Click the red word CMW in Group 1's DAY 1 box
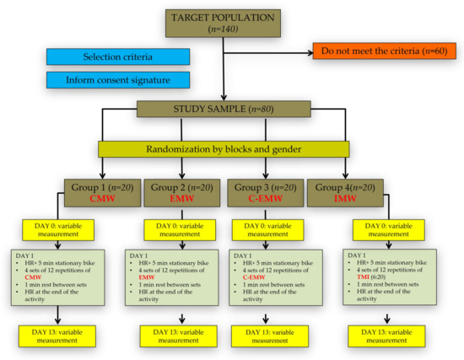pos(32,277)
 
